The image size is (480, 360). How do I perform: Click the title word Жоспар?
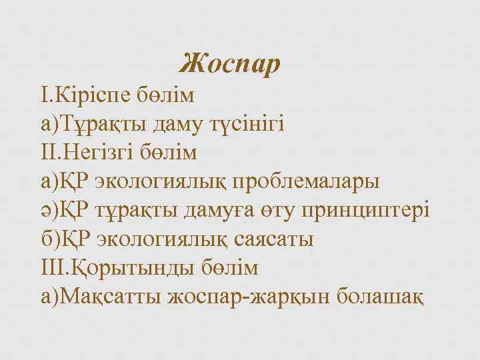pyautogui.click(x=231, y=65)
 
